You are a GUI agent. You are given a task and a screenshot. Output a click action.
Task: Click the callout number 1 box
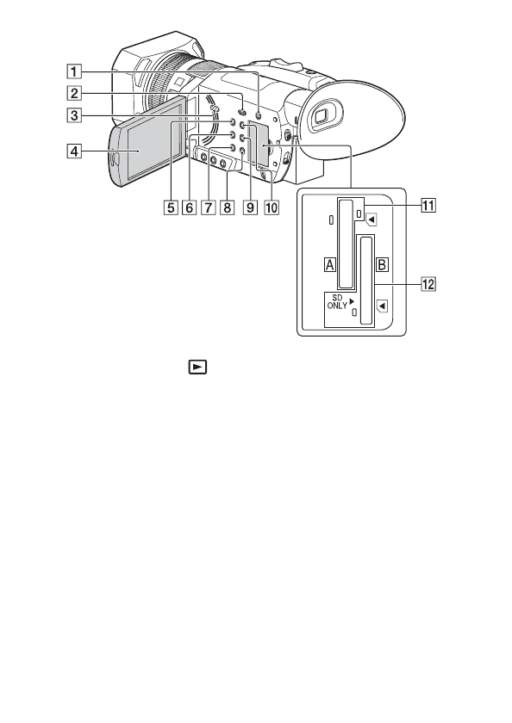pyautogui.click(x=74, y=72)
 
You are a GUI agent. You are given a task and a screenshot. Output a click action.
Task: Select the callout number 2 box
pyautogui.click(x=74, y=94)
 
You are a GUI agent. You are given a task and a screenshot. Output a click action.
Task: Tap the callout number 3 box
pyautogui.click(x=74, y=114)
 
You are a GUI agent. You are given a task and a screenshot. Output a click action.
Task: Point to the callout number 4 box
pyautogui.click(x=74, y=151)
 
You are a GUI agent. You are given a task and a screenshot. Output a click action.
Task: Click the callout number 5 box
pyautogui.click(x=171, y=207)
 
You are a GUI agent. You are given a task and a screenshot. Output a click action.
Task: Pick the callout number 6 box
pyautogui.click(x=189, y=207)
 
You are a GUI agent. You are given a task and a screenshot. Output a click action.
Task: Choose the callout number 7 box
pyautogui.click(x=208, y=207)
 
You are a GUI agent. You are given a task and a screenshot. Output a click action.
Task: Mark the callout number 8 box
pyautogui.click(x=227, y=207)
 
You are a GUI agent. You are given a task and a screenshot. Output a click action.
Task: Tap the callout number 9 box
pyautogui.click(x=250, y=207)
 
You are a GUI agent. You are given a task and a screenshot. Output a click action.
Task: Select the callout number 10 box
pyautogui.click(x=272, y=207)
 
